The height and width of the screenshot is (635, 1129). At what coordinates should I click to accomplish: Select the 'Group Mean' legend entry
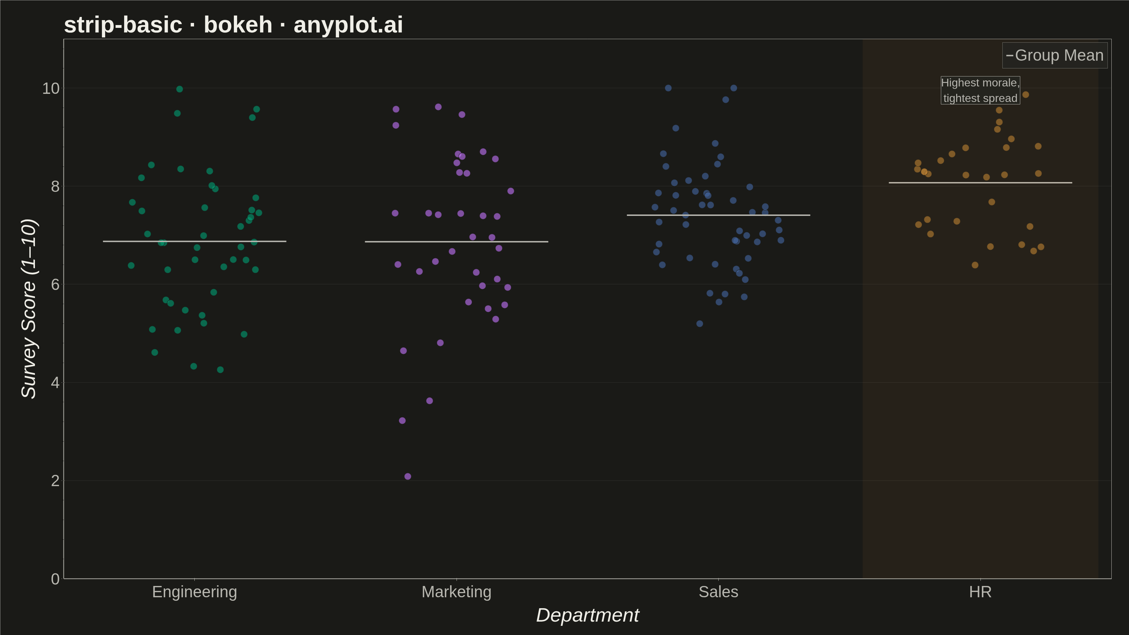click(x=1055, y=55)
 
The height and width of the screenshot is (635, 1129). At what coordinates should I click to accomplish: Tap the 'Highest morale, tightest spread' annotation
click(x=980, y=90)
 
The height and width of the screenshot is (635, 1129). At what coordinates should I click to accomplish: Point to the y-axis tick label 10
click(x=51, y=88)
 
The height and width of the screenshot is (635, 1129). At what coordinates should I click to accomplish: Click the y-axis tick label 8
click(x=55, y=186)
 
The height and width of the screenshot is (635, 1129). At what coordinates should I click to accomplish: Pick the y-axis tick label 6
click(x=55, y=284)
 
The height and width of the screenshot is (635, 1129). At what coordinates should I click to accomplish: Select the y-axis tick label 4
click(x=55, y=382)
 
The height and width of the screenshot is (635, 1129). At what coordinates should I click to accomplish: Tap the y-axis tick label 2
click(x=55, y=481)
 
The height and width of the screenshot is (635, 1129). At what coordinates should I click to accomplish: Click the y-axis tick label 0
click(x=55, y=579)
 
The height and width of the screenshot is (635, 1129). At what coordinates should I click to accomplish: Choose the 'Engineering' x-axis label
click(x=195, y=592)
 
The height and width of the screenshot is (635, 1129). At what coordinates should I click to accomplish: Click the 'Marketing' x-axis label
click(x=456, y=592)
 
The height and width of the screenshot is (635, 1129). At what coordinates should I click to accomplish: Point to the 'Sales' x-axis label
click(x=718, y=592)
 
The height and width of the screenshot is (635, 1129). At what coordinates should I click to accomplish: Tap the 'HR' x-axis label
click(x=980, y=592)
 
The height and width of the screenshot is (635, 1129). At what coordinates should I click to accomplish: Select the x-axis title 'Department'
click(x=588, y=615)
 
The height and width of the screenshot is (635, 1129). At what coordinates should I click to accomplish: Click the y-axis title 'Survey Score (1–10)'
click(x=29, y=309)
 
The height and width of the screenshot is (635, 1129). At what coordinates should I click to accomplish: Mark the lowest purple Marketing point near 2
click(x=407, y=476)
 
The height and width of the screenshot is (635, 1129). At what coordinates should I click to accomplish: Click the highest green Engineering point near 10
click(x=179, y=89)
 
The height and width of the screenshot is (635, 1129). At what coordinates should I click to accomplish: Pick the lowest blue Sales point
click(x=700, y=324)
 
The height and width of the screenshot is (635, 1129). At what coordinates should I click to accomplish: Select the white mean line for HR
click(x=980, y=183)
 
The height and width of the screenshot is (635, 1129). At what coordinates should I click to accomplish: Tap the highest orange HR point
click(x=1026, y=95)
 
